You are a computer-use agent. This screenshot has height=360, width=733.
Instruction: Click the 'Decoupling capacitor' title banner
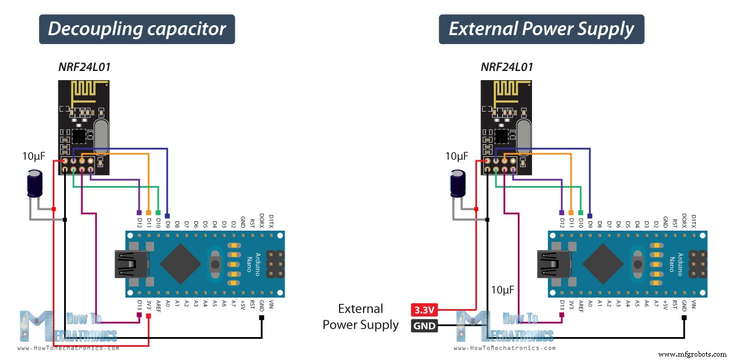coord(137,29)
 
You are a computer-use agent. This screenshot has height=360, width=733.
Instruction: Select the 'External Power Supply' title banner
coord(541,29)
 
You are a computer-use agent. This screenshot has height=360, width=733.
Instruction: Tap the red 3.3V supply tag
coord(424,310)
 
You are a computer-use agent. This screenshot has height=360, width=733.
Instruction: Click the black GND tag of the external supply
coord(424,326)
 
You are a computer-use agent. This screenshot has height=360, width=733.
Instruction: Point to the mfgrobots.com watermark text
coord(693,354)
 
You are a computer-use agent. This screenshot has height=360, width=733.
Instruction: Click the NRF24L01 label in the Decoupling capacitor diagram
coord(84,67)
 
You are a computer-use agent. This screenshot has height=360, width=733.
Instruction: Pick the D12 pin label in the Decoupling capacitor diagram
coord(139,221)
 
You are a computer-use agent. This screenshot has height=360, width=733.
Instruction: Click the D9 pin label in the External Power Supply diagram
coord(589,221)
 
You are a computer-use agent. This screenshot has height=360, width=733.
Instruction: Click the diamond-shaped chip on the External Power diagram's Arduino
coord(604,264)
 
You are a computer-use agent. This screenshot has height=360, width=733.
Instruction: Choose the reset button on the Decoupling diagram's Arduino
coord(215,264)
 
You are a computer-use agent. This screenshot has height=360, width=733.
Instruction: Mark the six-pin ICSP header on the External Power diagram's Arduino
coord(698,264)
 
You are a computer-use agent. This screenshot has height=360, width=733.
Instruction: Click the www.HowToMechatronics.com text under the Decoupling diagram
coord(68,348)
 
